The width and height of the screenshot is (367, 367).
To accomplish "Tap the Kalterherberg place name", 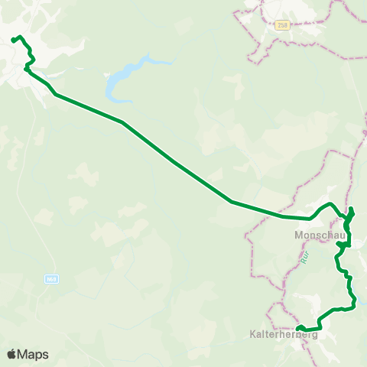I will pos(283,334).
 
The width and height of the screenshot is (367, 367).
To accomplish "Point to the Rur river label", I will pos(304,258).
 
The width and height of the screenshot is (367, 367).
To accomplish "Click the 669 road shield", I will pos(51,279).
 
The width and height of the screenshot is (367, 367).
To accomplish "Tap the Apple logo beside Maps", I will pos(12,354).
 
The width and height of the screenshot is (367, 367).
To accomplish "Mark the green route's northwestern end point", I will pos(14,40).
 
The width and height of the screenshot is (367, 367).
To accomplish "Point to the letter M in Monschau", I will pos(298,235).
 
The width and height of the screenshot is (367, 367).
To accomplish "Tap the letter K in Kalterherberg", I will pos(253,334).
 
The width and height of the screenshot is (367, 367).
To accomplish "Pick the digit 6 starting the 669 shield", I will pos(48,279).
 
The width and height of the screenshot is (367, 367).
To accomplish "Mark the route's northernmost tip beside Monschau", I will pos(352,209).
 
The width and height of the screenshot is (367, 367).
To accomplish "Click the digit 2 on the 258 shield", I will pos(278,24).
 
